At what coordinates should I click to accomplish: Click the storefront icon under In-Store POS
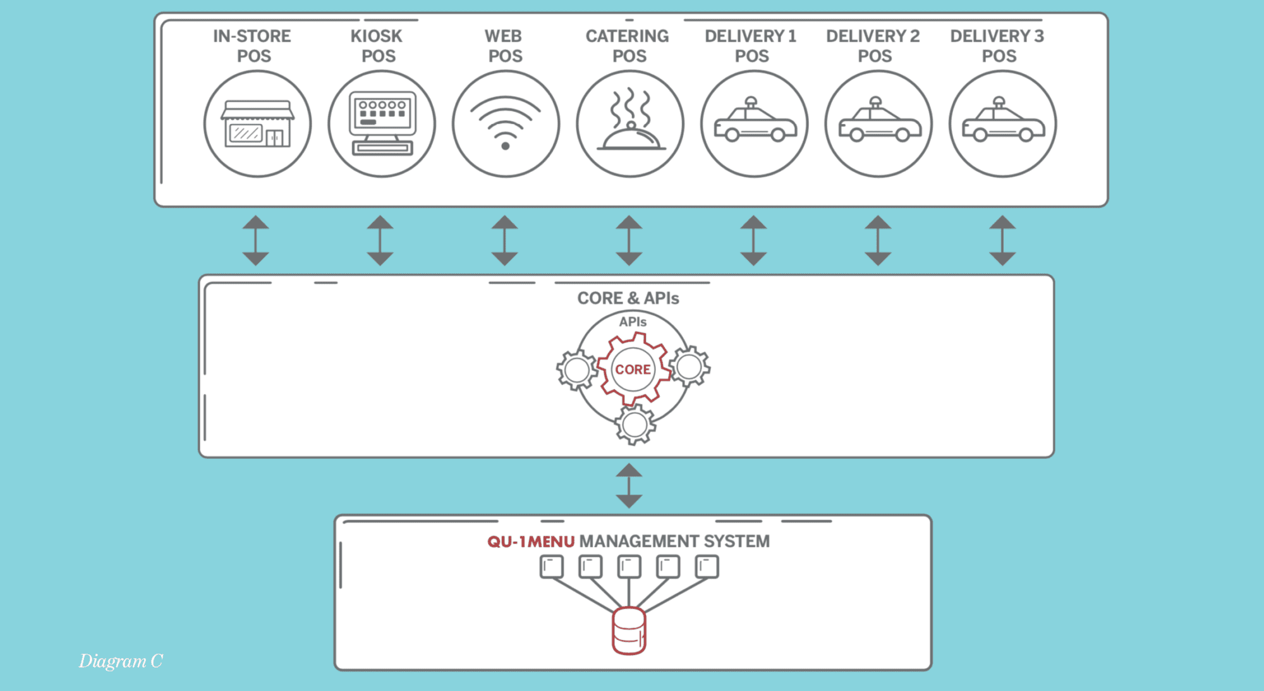(x=257, y=125)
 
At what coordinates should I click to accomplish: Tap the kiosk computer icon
(x=382, y=125)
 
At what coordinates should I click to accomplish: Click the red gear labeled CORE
(x=633, y=369)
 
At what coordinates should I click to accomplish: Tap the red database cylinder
(x=629, y=631)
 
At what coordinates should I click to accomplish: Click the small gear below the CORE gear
(x=635, y=425)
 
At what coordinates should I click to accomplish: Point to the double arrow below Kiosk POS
(x=380, y=240)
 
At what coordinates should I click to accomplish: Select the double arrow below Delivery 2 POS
(x=878, y=240)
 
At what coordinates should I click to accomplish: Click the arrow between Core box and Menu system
(x=629, y=486)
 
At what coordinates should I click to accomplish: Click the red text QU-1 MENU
(x=531, y=542)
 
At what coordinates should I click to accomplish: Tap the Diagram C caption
(x=121, y=661)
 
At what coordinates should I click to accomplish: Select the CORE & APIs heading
(x=628, y=298)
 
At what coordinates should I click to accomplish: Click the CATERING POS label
(x=628, y=46)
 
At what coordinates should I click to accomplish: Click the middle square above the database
(x=629, y=566)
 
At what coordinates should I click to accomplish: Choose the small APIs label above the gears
(x=633, y=322)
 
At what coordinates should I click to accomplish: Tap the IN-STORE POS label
(x=252, y=46)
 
